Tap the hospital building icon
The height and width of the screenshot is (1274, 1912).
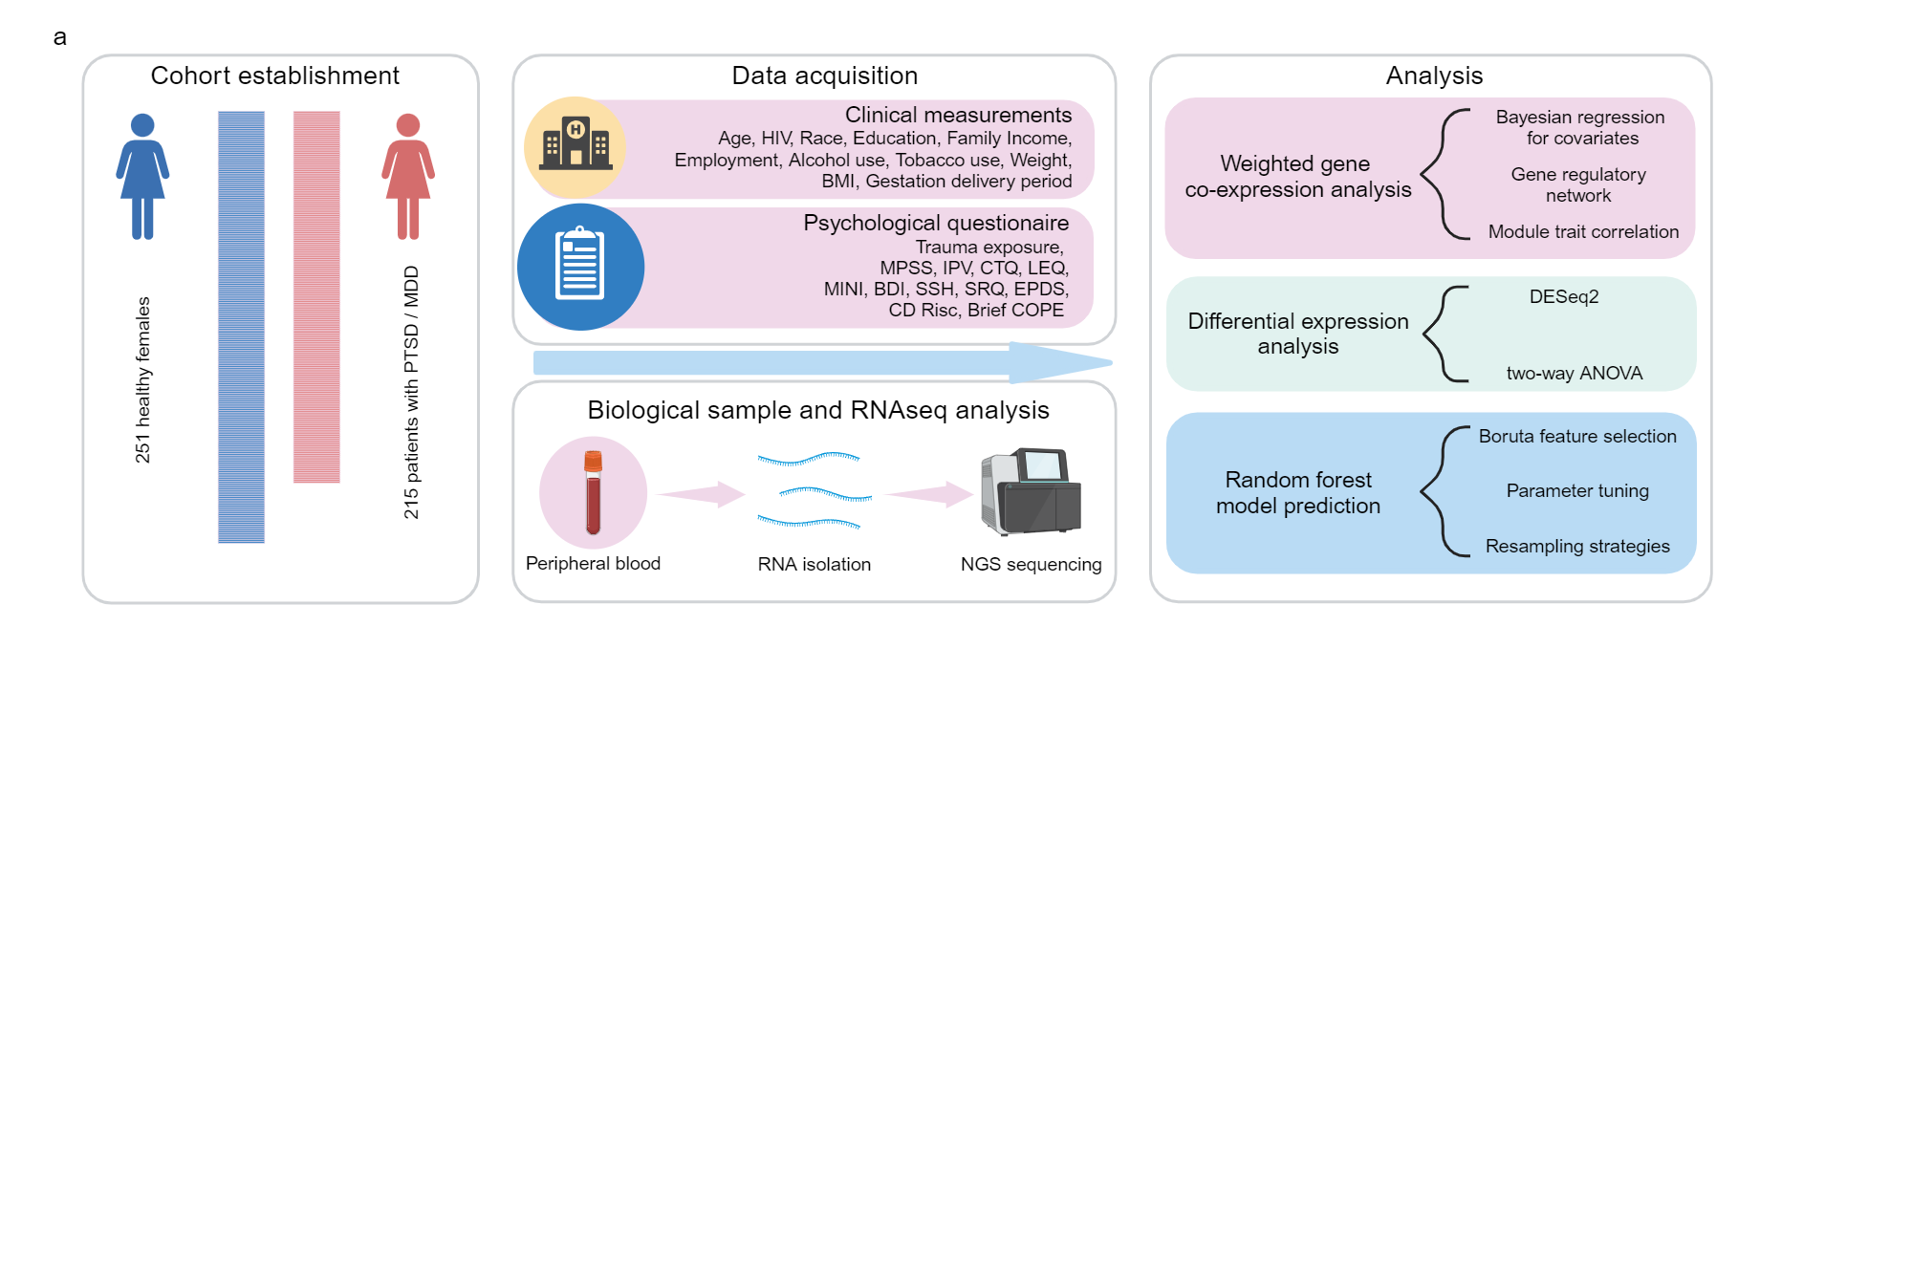point(576,144)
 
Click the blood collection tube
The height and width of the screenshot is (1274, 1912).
point(594,492)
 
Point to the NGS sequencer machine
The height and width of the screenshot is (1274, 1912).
point(1031,491)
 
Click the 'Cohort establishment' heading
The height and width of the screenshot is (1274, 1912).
point(275,76)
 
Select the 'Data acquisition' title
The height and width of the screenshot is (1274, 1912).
point(825,76)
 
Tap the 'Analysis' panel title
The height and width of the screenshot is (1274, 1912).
point(1434,76)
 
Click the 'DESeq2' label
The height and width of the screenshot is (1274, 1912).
point(1564,296)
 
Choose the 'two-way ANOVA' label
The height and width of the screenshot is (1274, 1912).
point(1575,373)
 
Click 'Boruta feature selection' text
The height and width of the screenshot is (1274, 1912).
point(1577,436)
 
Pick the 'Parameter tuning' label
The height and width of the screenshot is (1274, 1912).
point(1577,490)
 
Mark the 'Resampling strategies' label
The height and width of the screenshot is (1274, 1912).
point(1577,546)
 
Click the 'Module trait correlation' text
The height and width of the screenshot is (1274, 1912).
point(1583,231)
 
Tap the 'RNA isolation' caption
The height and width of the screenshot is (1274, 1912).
point(815,564)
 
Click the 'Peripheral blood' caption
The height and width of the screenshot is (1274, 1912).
point(593,563)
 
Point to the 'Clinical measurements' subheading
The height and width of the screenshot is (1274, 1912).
point(958,115)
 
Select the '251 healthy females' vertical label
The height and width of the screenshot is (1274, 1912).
point(142,379)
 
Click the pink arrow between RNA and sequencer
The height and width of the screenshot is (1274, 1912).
point(929,494)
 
